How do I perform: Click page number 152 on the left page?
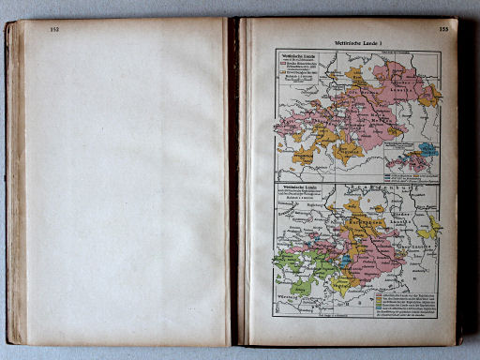[54, 29]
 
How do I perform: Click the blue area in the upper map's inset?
[427, 148]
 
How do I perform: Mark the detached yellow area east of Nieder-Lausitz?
[430, 228]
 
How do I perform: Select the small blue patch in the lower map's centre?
[346, 261]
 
